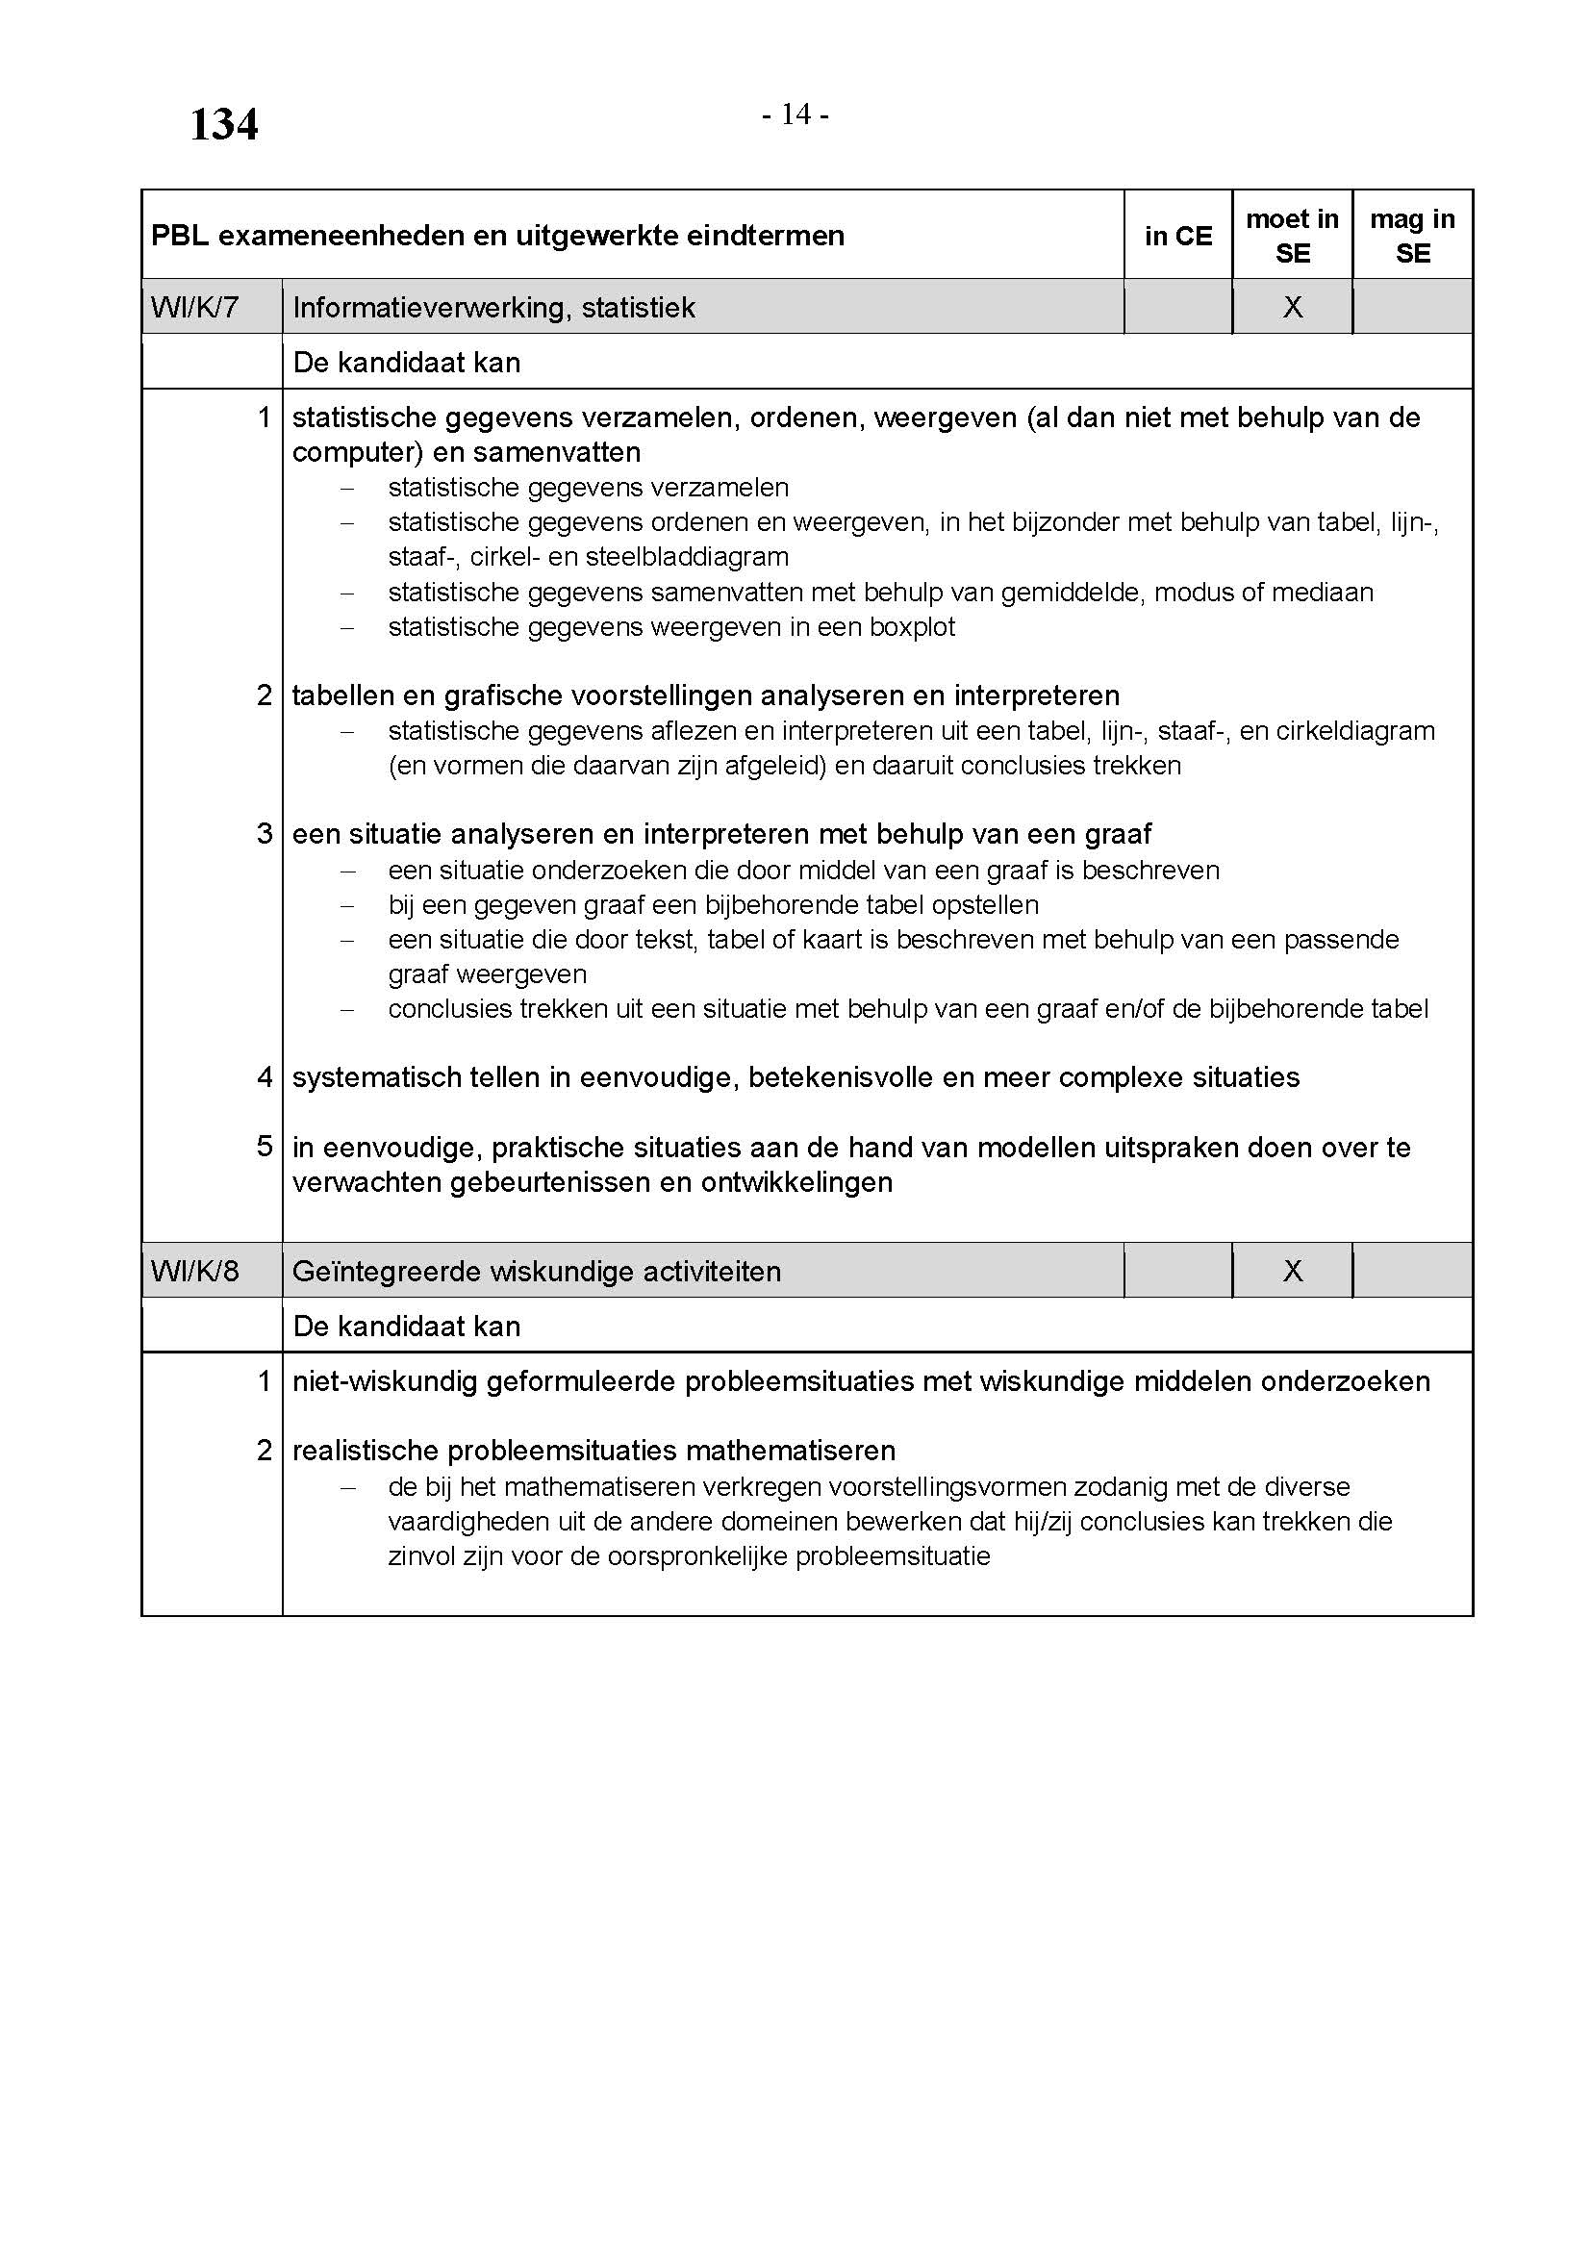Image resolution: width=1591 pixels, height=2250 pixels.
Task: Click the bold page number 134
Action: tap(223, 124)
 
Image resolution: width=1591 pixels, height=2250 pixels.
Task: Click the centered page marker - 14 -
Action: tap(795, 115)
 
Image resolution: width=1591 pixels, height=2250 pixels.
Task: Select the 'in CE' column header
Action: tap(1177, 237)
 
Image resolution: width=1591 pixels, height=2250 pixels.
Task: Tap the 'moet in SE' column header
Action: tap(1291, 237)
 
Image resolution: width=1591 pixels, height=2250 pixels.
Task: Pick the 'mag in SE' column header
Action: tap(1412, 237)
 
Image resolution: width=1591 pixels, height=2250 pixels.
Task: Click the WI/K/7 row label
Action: tap(194, 308)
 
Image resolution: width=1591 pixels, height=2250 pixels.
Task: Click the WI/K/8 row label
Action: tap(194, 1271)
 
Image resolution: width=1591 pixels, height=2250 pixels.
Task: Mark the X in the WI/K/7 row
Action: tap(1292, 308)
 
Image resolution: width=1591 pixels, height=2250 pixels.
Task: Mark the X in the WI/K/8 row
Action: tap(1292, 1271)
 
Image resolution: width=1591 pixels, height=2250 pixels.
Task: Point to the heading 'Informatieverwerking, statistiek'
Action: tap(493, 308)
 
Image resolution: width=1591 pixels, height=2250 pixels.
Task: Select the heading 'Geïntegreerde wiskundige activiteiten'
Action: tap(536, 1271)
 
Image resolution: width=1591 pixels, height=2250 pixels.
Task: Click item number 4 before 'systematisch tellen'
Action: tap(265, 1077)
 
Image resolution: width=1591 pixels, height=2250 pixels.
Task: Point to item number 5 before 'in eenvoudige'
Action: tap(265, 1147)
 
